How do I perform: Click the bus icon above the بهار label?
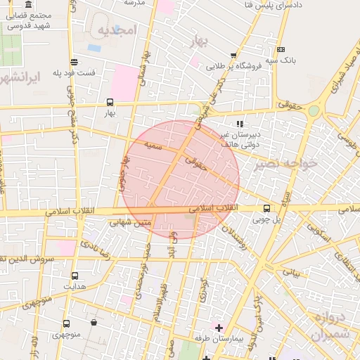(109, 101)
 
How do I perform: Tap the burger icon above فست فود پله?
(75, 62)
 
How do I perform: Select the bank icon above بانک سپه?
(281, 50)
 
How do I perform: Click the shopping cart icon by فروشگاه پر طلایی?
(233, 55)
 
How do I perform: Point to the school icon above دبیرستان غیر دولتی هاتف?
(239, 124)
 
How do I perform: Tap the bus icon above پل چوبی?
(266, 208)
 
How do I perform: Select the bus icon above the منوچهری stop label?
(66, 324)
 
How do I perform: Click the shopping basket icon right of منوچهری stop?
(94, 323)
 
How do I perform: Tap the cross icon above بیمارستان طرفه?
(219, 328)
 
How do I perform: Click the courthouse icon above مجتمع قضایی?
(28, 5)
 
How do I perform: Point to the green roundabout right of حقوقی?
(313, 110)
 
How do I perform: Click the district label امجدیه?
(116, 30)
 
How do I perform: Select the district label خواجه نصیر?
(287, 163)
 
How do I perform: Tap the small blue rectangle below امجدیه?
(94, 48)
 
